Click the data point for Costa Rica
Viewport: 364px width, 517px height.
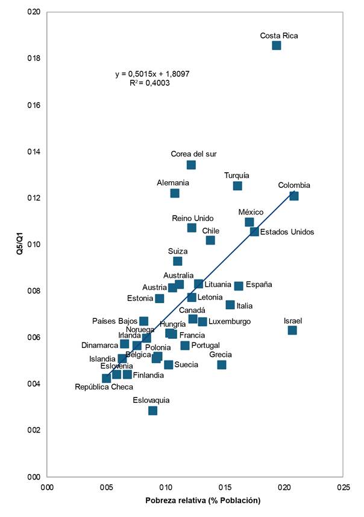click(277, 45)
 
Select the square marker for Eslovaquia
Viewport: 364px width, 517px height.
click(152, 411)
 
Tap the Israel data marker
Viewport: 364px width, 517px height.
click(292, 330)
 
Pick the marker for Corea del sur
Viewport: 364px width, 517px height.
click(191, 165)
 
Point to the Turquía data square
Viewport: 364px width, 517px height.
click(237, 185)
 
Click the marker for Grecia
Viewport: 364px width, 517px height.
click(222, 365)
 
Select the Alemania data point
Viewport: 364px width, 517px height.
click(175, 193)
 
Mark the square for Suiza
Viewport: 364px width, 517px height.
click(178, 261)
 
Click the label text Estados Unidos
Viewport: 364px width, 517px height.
click(286, 232)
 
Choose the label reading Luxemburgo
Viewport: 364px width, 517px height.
click(230, 322)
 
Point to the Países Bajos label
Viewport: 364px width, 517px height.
click(115, 321)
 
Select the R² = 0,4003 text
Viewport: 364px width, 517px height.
click(149, 83)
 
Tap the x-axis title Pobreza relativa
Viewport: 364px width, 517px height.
click(202, 501)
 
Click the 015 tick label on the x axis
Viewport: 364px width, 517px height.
click(224, 487)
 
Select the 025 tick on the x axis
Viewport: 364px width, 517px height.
click(343, 487)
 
